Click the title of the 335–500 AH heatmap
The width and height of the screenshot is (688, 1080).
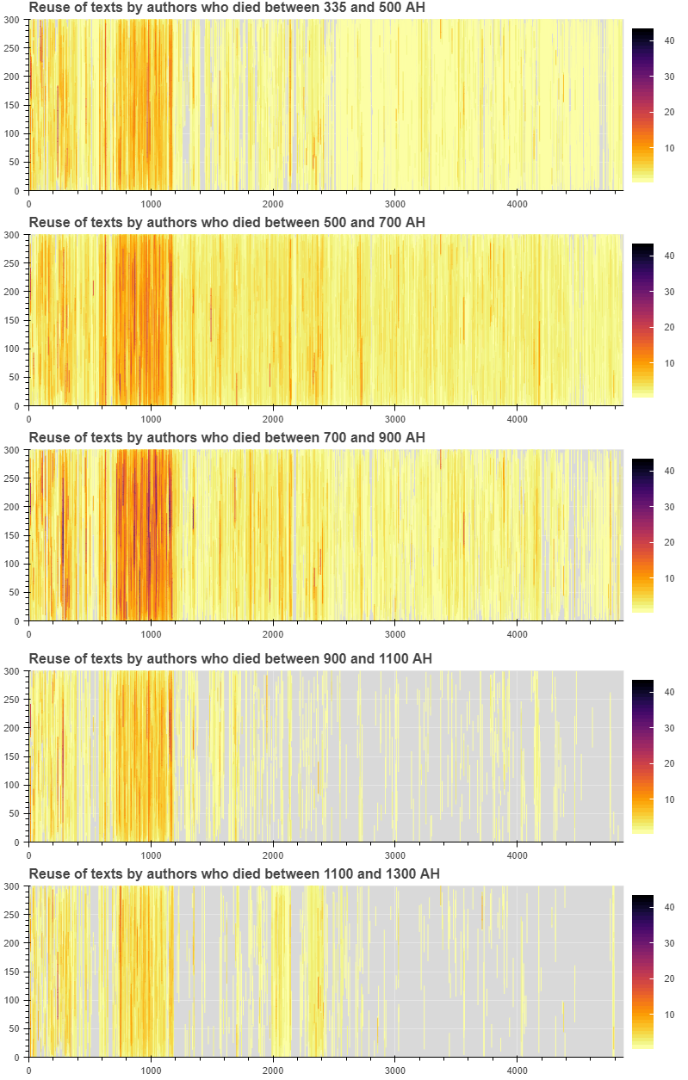(x=226, y=8)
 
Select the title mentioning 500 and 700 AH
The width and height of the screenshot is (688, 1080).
(x=226, y=223)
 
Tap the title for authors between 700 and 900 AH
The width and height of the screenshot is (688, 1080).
(x=226, y=438)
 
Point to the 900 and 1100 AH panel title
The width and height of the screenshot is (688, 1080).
(x=230, y=659)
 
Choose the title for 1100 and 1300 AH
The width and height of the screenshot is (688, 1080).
(x=234, y=874)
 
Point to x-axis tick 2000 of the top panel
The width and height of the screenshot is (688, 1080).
(x=273, y=203)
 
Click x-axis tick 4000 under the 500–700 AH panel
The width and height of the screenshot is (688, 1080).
(x=517, y=418)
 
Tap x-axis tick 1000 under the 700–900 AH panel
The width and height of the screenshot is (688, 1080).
(x=152, y=634)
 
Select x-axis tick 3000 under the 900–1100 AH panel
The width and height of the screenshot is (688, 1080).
(x=395, y=855)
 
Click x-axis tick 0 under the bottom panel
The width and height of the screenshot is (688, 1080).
(x=29, y=1071)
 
